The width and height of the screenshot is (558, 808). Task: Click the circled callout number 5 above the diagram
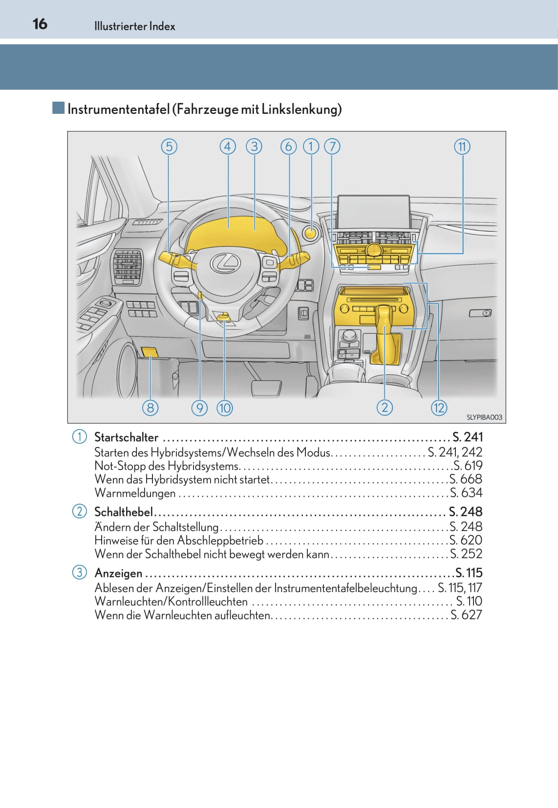[169, 147]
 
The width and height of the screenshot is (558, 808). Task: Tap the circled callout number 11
[462, 147]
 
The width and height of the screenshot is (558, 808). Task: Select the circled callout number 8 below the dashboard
[150, 407]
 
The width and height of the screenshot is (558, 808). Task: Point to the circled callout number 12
[439, 407]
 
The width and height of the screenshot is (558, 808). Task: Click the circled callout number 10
[224, 407]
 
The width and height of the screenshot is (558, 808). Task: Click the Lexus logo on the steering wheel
[225, 263]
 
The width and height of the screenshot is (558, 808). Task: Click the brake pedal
[266, 389]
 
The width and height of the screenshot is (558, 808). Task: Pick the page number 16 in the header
[40, 24]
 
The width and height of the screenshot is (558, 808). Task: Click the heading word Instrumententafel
[118, 109]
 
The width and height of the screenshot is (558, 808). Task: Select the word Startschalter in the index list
[126, 437]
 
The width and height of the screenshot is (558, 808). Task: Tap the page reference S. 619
[468, 466]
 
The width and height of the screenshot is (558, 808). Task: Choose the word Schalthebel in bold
[123, 512]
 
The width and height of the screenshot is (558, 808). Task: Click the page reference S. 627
[466, 615]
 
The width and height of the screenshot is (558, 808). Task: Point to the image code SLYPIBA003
[484, 417]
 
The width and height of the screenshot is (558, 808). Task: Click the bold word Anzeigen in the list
[118, 573]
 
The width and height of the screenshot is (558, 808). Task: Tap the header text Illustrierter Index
[134, 26]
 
